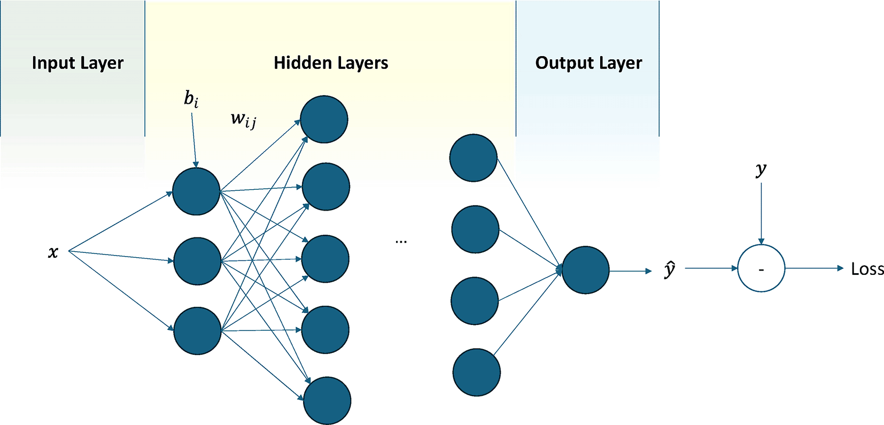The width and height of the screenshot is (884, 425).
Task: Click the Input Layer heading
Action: pyautogui.click(x=77, y=63)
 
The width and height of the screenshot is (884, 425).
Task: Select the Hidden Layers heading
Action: pyautogui.click(x=331, y=63)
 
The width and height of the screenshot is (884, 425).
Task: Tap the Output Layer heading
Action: pyautogui.click(x=588, y=63)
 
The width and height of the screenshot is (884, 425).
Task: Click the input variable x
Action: pyautogui.click(x=53, y=252)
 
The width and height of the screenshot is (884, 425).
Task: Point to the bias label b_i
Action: pyautogui.click(x=191, y=99)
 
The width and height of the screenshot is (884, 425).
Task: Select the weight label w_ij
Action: pyautogui.click(x=243, y=120)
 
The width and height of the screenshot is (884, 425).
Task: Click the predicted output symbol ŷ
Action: pyautogui.click(x=670, y=269)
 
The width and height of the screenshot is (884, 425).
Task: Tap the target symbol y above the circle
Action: pyautogui.click(x=761, y=169)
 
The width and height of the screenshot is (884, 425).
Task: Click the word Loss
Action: pyautogui.click(x=867, y=269)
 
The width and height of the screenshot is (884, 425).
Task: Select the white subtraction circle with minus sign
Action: pyautogui.click(x=761, y=268)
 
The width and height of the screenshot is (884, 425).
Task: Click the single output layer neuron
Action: pyautogui.click(x=586, y=270)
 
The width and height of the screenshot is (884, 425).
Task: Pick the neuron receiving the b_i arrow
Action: pyautogui.click(x=196, y=191)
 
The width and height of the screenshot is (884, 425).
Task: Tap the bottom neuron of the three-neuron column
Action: pyautogui.click(x=197, y=331)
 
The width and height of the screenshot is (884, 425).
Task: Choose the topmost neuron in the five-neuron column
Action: pyautogui.click(x=324, y=119)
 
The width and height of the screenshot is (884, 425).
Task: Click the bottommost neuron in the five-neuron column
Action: pyautogui.click(x=327, y=401)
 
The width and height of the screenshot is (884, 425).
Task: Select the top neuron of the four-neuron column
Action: pyautogui.click(x=474, y=158)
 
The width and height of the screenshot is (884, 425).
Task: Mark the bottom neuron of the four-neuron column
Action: pyautogui.click(x=476, y=373)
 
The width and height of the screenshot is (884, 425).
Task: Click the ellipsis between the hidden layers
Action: pyautogui.click(x=401, y=242)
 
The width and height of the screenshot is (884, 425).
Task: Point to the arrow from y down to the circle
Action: pyautogui.click(x=761, y=214)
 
